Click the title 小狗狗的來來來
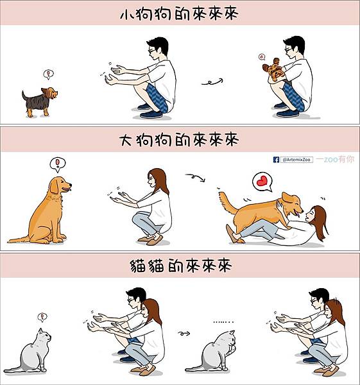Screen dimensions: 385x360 point(179,14)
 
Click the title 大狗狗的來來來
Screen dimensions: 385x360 point(179,140)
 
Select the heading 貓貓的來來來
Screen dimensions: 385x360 point(179,264)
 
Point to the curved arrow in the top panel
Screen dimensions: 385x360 point(212,81)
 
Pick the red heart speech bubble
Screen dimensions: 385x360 point(261,182)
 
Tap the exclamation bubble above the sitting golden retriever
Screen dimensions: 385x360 point(58,164)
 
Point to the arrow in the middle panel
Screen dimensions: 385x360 point(194,176)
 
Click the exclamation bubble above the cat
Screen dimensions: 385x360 point(42,316)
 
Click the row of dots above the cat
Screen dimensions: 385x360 point(223,321)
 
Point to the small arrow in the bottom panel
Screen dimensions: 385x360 point(185,333)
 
